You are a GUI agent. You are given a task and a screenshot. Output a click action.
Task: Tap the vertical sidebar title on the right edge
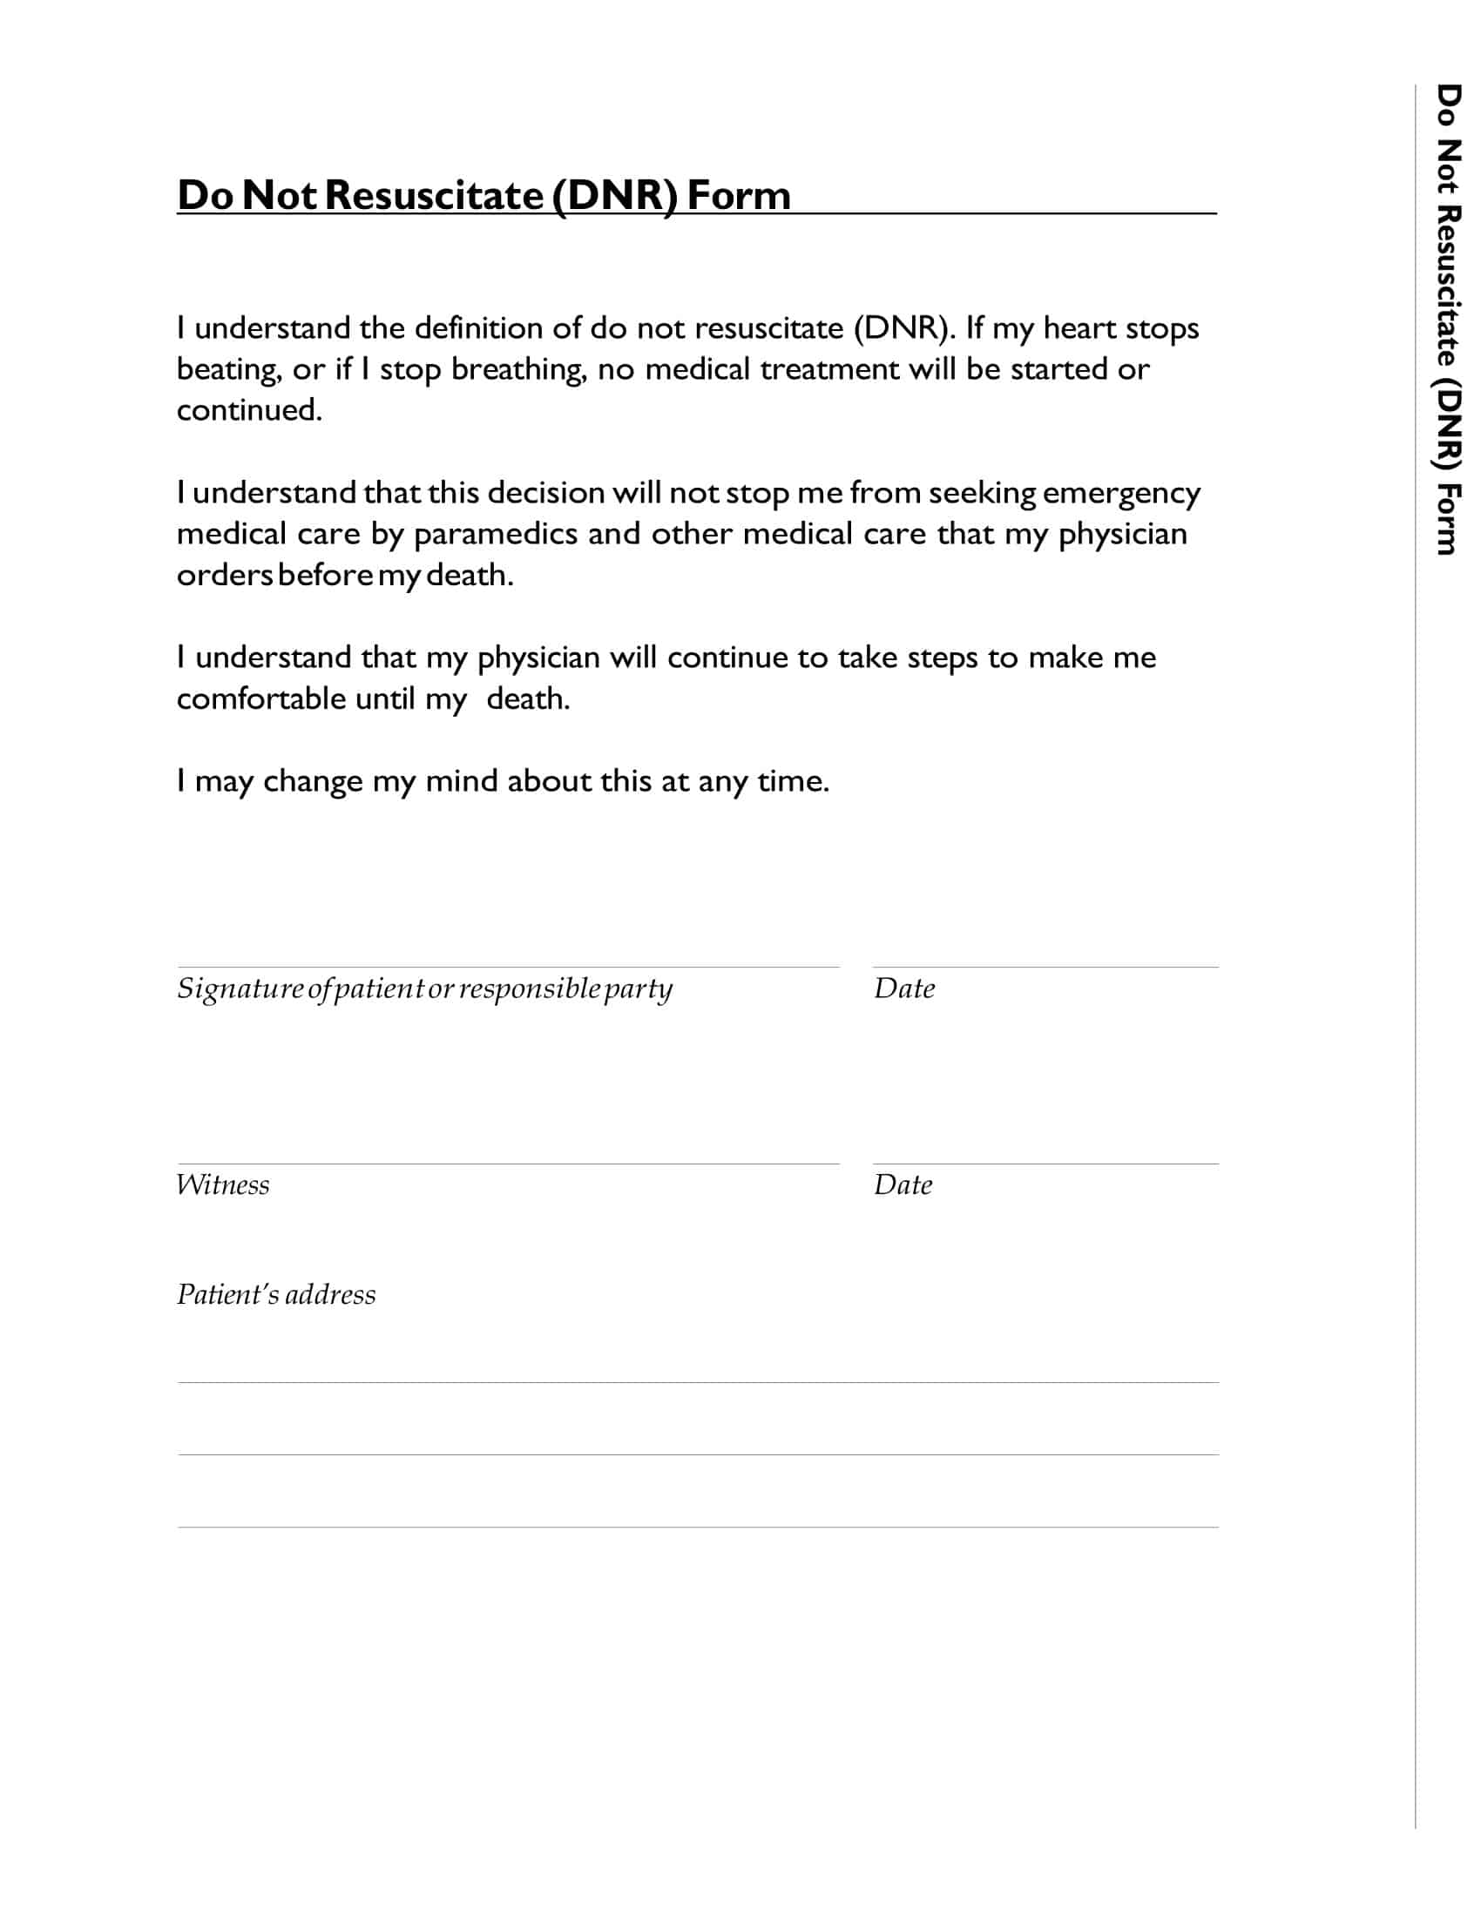1449,320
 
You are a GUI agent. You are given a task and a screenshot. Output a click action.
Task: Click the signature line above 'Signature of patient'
508,966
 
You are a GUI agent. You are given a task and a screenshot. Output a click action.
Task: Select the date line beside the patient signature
1045,966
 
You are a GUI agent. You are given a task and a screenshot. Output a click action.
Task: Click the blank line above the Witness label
508,1164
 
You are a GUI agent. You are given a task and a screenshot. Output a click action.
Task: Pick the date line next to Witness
1045,1164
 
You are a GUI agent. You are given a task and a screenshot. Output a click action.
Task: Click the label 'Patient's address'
275,1295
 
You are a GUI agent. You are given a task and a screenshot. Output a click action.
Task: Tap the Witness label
223,1185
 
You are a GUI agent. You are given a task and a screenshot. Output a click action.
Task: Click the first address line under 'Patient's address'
698,1383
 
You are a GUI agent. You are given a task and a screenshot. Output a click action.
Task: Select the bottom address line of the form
698,1528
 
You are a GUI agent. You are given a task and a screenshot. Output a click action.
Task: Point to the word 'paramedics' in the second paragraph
495,534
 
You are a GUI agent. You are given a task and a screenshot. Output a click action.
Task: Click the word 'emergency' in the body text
1120,494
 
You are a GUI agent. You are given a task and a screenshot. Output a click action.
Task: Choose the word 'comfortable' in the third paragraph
260,699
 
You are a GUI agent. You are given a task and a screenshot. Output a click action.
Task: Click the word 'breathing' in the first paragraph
518,370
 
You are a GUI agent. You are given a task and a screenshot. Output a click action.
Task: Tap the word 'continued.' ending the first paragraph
249,410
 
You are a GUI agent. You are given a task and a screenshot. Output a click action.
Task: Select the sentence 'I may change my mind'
503,782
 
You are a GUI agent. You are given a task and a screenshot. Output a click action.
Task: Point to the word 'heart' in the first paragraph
1079,329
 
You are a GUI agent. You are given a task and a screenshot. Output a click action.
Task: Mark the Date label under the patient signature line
903,988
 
